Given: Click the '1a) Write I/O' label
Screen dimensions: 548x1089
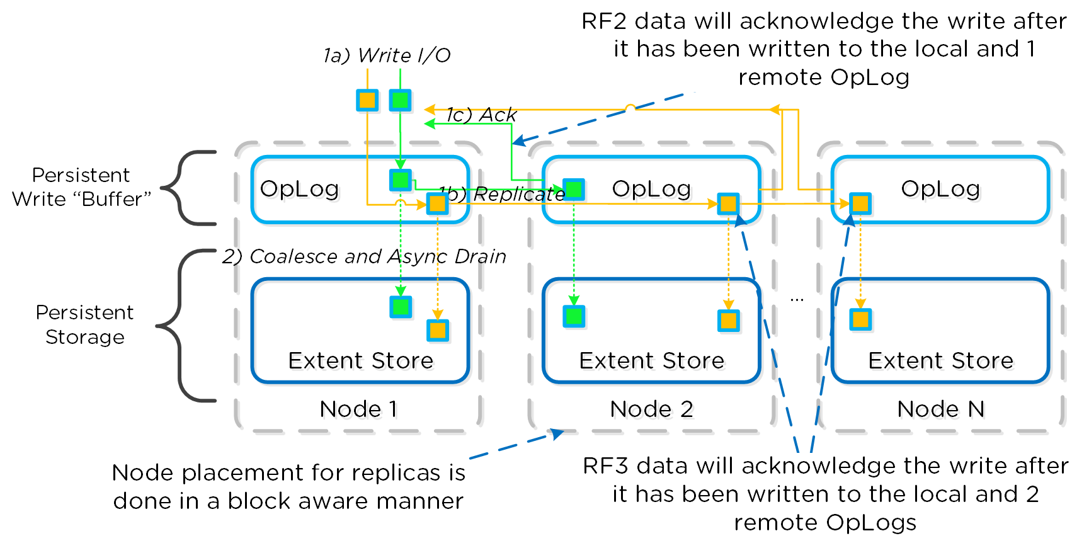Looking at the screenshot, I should (x=387, y=55).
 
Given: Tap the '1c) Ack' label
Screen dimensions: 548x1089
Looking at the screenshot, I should (x=481, y=115).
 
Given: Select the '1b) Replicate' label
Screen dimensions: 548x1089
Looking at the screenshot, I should (x=501, y=194).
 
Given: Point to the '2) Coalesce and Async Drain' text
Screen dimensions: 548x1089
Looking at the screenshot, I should (x=364, y=256).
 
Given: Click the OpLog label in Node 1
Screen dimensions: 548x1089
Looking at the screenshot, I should (x=300, y=189).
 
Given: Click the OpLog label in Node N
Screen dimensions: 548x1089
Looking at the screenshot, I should (x=940, y=189).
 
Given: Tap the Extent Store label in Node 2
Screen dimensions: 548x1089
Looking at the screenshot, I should (x=652, y=360).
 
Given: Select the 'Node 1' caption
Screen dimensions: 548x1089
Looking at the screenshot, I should (x=358, y=409).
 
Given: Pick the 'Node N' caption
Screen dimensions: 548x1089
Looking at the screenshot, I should (x=940, y=409).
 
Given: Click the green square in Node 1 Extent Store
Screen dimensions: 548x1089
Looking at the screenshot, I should (x=401, y=307).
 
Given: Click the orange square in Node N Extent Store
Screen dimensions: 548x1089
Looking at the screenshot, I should (x=860, y=319).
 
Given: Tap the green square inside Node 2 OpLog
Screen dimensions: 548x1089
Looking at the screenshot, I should (x=574, y=189).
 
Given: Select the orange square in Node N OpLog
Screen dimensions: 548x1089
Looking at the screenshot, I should (x=860, y=203).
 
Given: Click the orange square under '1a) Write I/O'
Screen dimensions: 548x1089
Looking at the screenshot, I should (x=367, y=100).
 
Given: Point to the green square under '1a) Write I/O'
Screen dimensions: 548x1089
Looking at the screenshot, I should (x=401, y=100).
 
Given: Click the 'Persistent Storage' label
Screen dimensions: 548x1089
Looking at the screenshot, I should (x=84, y=324).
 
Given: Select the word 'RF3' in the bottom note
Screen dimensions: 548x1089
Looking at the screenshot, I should (x=605, y=466).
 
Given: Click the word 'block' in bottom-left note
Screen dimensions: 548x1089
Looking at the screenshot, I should (x=256, y=501).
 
